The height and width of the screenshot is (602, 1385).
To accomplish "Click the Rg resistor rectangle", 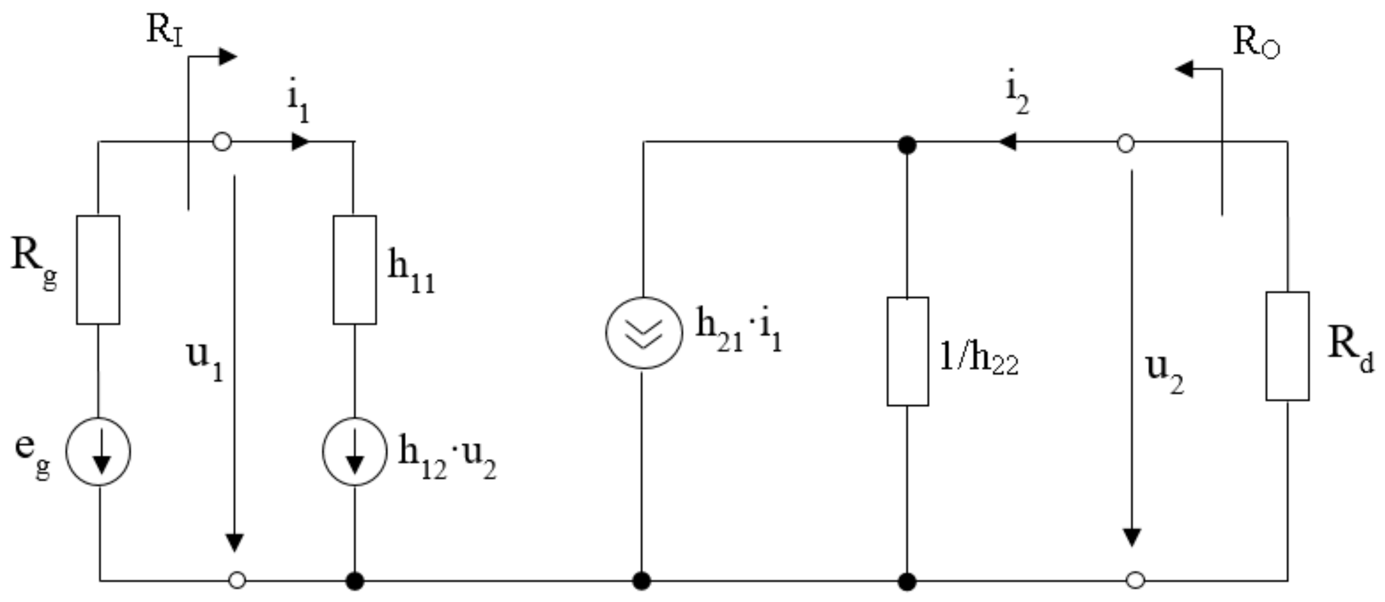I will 98,270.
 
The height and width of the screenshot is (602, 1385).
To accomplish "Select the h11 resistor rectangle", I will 354,270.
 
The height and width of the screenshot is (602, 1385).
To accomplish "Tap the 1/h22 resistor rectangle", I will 907,352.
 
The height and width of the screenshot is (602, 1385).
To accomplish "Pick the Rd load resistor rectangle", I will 1287,347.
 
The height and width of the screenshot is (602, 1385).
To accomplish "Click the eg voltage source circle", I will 99,451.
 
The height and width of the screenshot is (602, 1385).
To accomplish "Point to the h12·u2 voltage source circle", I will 354,451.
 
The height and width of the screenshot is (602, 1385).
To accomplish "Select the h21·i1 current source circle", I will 644,333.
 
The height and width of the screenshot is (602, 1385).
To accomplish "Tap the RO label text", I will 1256,42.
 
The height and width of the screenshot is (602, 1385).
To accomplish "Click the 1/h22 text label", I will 979,358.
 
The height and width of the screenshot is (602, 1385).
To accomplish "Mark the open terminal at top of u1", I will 222,142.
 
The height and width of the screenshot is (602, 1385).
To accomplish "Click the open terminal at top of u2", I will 1126,143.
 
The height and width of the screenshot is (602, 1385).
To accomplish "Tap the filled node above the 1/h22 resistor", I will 907,145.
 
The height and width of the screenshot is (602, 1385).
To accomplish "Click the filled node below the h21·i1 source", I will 641,581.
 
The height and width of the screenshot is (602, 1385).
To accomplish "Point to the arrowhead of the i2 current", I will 1006,142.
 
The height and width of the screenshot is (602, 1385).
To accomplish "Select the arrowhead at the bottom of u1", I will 234,542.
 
